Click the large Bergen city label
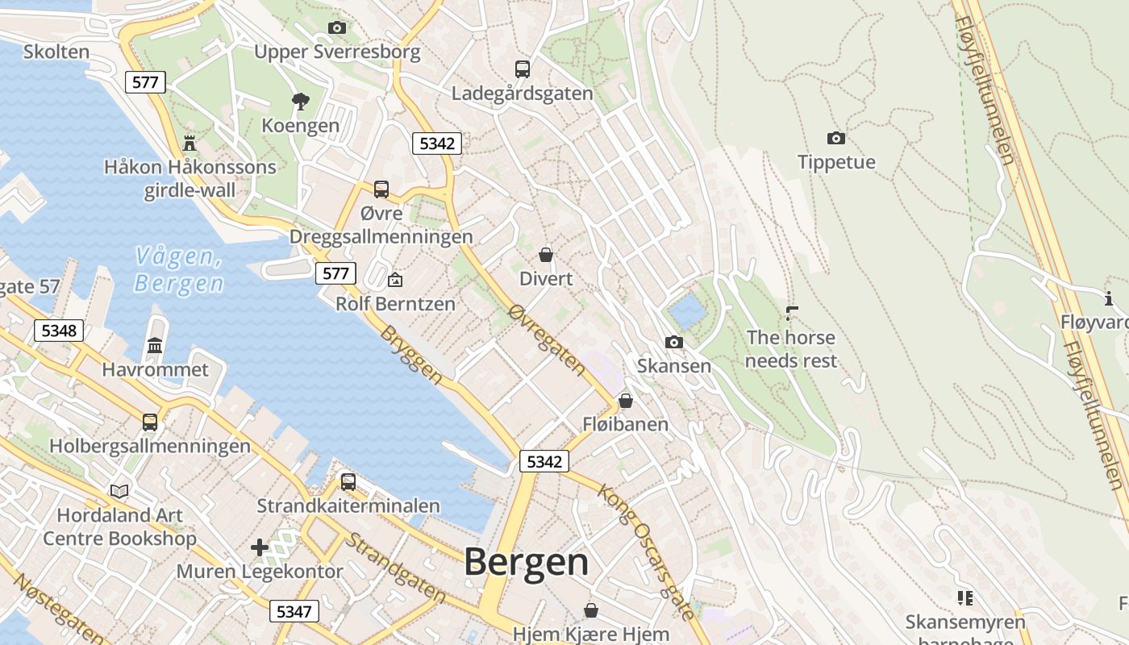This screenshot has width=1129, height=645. pos(527,561)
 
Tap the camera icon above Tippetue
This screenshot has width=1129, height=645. pos(836,138)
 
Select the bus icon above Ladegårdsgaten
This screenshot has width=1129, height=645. pos(523,69)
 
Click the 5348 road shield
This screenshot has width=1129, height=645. pos(59,331)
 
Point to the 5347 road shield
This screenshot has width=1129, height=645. pos(294,611)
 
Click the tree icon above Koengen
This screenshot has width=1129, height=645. pos(301,102)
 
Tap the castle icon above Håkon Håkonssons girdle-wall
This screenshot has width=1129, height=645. pos(190,144)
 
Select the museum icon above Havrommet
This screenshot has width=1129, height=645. pos(155,346)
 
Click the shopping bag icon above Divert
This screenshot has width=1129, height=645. pos(546,255)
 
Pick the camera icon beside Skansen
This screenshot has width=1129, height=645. pos(674,342)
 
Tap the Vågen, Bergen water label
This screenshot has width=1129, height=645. pos(179,270)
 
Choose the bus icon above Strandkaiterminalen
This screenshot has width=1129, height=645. pos(348,482)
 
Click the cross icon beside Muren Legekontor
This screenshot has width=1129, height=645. pos(260,547)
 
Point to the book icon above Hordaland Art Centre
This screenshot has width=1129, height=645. pos(119,491)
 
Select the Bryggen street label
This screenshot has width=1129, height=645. pos(411,355)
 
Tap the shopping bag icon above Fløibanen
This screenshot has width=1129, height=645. pos(626,400)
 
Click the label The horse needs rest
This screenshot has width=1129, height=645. pos(791,349)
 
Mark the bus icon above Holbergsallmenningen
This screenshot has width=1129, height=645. pos(150,422)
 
